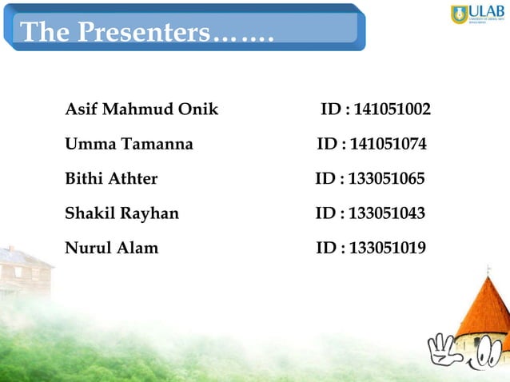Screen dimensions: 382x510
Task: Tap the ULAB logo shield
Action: click(x=459, y=14)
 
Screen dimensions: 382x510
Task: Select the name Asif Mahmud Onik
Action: click(x=141, y=109)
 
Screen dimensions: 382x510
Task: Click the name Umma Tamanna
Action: click(x=128, y=145)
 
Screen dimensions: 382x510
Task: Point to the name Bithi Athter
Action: click(x=111, y=178)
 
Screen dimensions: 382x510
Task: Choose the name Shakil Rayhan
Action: click(x=122, y=213)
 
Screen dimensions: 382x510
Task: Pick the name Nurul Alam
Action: click(x=111, y=248)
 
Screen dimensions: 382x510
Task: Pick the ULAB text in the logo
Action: click(x=486, y=10)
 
